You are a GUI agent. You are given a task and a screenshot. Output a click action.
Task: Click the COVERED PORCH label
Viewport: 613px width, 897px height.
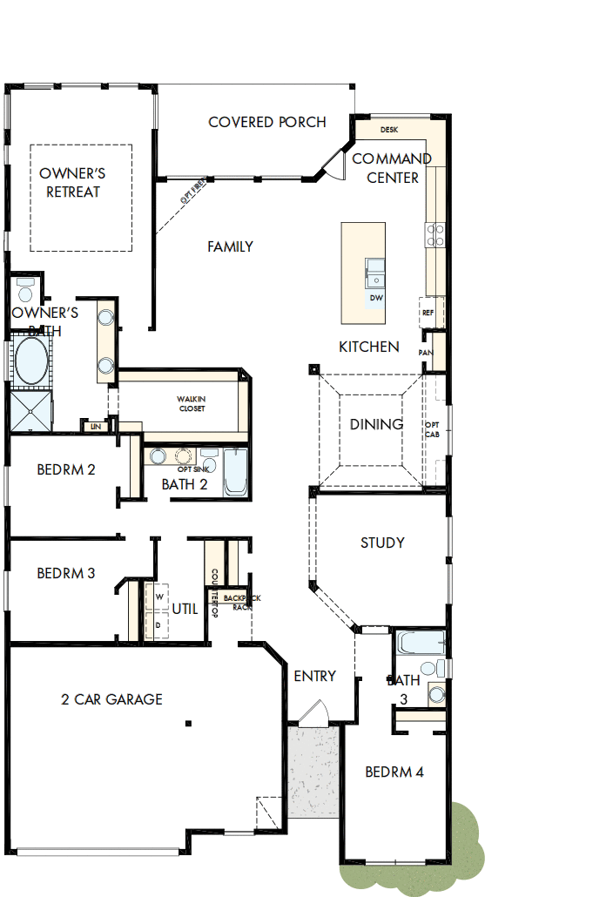click(x=266, y=122)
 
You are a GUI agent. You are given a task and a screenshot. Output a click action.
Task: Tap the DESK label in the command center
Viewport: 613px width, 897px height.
click(x=389, y=130)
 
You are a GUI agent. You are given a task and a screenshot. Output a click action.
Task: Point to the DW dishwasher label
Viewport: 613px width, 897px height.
click(x=376, y=298)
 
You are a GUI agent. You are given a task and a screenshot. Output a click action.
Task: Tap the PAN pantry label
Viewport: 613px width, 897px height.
click(x=426, y=353)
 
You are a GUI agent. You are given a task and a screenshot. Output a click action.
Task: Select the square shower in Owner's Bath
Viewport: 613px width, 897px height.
click(x=30, y=410)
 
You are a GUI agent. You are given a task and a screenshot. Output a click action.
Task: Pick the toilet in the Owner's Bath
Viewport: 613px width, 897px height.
click(x=24, y=290)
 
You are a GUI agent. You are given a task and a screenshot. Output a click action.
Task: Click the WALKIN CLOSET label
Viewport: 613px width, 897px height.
click(x=192, y=404)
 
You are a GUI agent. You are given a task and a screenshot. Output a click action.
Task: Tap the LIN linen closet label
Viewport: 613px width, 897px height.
click(x=94, y=427)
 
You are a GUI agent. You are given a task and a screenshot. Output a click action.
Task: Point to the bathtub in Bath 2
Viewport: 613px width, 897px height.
click(x=236, y=471)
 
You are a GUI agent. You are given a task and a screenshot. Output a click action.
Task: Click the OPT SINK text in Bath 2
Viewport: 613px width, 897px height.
click(x=184, y=469)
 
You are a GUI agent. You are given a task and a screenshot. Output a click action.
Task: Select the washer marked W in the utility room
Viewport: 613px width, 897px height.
click(x=159, y=597)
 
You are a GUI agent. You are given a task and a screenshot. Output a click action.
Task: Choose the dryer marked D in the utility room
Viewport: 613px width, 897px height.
click(x=159, y=624)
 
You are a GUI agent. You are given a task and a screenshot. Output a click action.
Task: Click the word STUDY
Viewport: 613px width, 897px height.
click(x=382, y=543)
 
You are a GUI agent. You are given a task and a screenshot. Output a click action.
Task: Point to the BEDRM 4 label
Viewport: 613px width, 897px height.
click(x=394, y=772)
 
